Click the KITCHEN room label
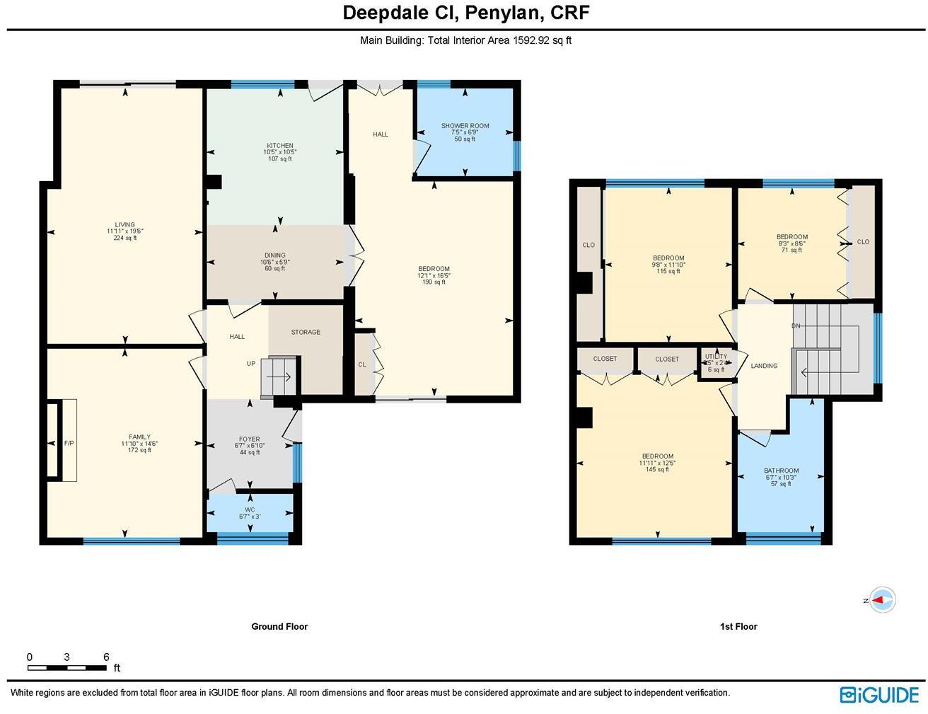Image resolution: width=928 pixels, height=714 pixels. (279, 146)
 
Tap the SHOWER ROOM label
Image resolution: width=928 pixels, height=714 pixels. (465, 126)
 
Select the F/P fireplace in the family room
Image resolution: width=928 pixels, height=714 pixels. (69, 444)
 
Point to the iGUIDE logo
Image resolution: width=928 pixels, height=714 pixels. (879, 694)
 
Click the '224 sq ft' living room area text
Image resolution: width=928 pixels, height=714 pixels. (125, 238)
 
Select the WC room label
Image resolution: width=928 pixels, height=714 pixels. (250, 509)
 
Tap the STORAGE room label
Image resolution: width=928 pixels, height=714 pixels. (306, 332)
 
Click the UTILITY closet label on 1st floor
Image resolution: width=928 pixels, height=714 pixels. (716, 357)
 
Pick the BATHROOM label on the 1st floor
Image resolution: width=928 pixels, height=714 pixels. (781, 471)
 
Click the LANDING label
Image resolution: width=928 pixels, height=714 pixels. (764, 366)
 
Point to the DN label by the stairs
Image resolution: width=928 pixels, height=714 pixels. (796, 326)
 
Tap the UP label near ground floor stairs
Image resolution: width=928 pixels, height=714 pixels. (250, 364)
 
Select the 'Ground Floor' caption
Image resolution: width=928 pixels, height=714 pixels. (279, 626)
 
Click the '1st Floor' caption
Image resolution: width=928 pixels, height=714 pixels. (738, 626)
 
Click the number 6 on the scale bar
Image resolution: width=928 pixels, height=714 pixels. (106, 657)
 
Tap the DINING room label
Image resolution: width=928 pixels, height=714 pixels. (275, 255)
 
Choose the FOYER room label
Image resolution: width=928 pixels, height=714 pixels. (249, 439)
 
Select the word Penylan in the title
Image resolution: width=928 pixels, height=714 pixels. (498, 13)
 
